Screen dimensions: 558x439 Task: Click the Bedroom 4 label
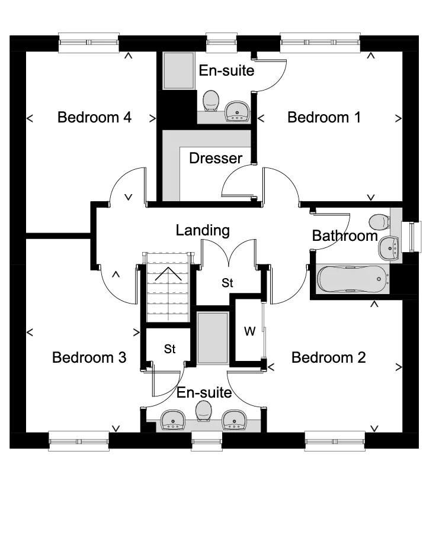(x=94, y=117)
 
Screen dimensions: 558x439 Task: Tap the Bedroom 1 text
(x=324, y=117)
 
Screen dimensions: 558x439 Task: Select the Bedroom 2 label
(x=328, y=357)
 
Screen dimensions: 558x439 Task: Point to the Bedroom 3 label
(x=89, y=357)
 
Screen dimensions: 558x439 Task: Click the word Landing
(x=203, y=230)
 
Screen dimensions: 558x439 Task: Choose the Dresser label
(x=216, y=158)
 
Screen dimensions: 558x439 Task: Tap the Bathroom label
(x=345, y=236)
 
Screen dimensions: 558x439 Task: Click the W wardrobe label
(x=249, y=332)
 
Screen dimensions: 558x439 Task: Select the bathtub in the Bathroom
(x=353, y=278)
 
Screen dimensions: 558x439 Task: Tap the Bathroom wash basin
(x=389, y=247)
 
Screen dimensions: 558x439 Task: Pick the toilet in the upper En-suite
(x=210, y=101)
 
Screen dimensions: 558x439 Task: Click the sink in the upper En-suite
(x=238, y=110)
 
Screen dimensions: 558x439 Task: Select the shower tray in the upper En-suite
(x=179, y=71)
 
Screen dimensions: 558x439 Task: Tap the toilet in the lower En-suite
(x=203, y=409)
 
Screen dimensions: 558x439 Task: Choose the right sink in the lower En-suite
(x=234, y=419)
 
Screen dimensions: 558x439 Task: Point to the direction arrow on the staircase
(x=168, y=273)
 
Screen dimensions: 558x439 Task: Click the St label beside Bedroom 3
(x=170, y=349)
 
